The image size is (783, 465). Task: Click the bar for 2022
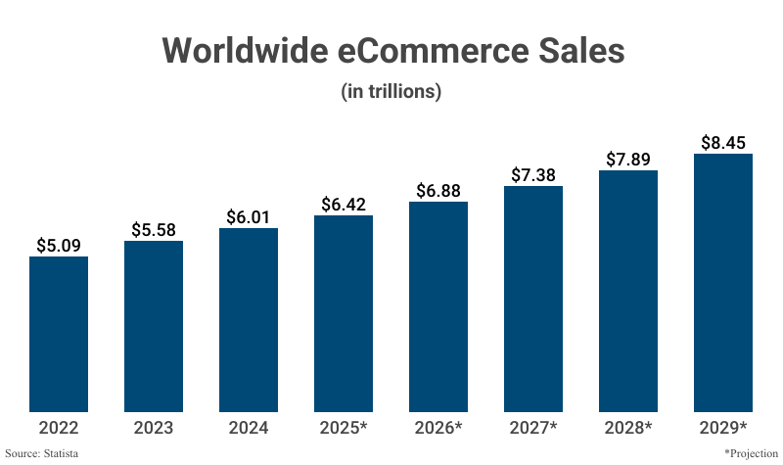59,334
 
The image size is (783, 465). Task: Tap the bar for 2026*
438,306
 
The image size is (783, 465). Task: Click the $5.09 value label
59,245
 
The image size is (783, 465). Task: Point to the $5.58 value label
154,229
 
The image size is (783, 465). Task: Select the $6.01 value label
249,216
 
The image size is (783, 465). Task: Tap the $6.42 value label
344,204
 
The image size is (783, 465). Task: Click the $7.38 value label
533,174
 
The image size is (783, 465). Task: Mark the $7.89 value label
628,159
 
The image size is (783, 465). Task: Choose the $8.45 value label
723,142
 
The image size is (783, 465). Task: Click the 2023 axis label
154,428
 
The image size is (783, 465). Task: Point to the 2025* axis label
344,428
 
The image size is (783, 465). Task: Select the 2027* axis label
533,428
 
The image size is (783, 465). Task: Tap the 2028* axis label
628,428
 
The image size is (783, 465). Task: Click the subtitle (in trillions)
391,92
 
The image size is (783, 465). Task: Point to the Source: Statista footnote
42,453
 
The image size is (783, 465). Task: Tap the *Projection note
751,453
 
